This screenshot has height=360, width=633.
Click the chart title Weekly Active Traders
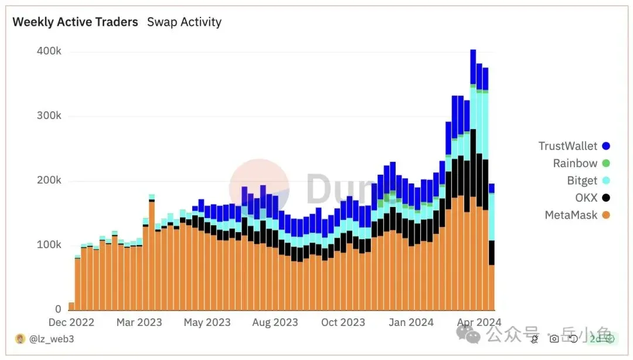75,22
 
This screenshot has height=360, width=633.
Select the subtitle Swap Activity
184,22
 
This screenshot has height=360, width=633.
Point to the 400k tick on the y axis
49,52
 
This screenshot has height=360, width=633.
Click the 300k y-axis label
49,116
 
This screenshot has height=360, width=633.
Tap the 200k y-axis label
49,181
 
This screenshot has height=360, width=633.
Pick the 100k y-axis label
49,244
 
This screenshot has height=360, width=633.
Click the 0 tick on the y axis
58,309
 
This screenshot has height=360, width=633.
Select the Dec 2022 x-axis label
72,322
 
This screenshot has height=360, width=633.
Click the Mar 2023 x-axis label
139,322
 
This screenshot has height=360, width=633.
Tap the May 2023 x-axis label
207,322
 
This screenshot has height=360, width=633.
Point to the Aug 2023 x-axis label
274,322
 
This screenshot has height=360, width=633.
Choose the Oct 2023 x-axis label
342,322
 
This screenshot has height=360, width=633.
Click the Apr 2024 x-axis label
478,322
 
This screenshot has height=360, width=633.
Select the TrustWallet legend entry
568,146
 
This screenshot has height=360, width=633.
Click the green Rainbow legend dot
606,164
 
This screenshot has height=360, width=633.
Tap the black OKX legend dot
606,198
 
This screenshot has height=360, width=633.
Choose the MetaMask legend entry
571,215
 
